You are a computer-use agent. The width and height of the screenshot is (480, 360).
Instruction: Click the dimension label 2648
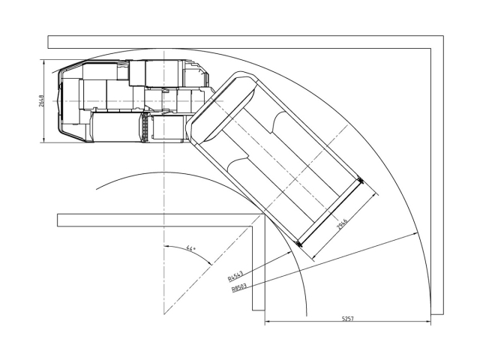pos(41,101)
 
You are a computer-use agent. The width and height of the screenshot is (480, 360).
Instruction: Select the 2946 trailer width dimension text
pos(342,224)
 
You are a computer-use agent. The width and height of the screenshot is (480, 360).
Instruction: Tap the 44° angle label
pos(190,248)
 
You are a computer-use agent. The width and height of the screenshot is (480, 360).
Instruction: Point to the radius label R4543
pos(235,276)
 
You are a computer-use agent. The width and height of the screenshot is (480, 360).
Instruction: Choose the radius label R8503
pos(239,288)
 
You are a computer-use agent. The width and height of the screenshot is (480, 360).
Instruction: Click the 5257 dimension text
pos(348,319)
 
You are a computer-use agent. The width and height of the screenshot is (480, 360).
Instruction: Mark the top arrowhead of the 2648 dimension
pos(44,61)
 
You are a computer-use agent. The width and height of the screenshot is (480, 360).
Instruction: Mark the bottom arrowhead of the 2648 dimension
pos(44,140)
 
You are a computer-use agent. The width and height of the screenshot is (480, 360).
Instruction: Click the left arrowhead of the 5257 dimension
pos(267,322)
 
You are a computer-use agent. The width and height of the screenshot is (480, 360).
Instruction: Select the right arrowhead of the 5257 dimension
pos(428,322)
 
